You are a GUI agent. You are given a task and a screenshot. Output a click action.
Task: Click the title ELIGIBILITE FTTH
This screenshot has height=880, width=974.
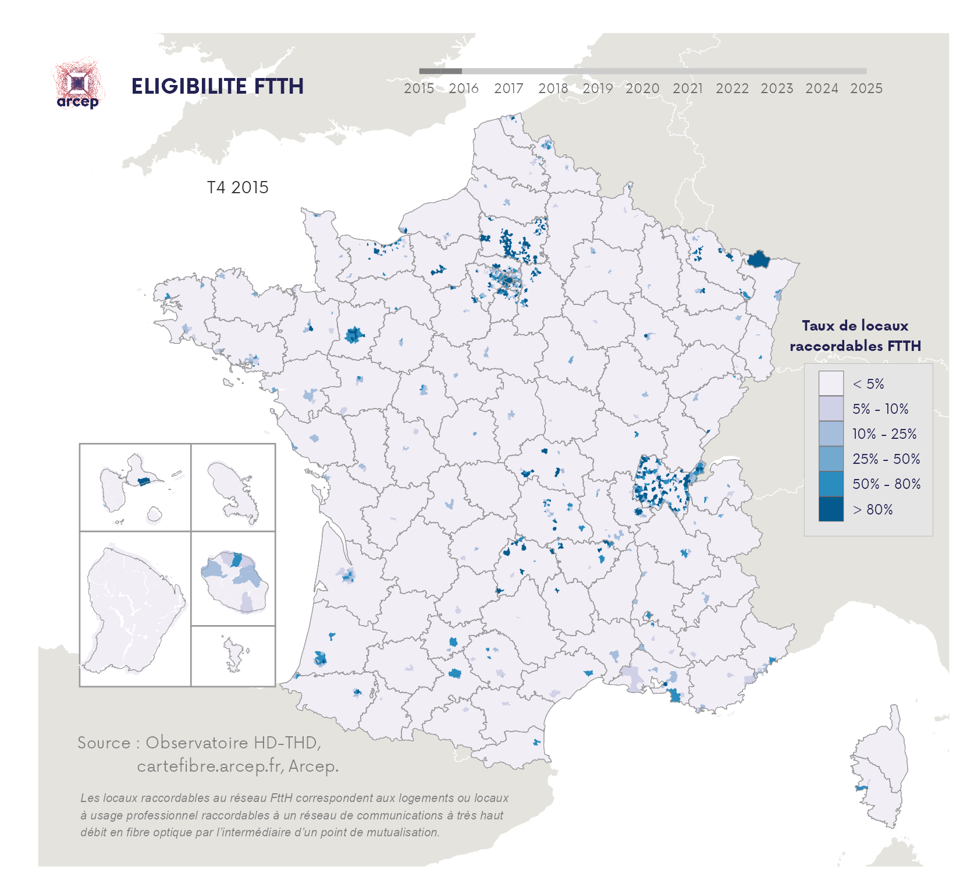click(x=217, y=86)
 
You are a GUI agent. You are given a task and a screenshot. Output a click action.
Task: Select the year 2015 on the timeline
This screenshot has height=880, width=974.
click(x=419, y=88)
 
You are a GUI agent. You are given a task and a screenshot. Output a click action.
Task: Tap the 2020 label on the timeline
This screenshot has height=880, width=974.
click(x=642, y=88)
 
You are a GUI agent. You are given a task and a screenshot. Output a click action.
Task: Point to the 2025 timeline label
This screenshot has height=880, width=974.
click(x=866, y=88)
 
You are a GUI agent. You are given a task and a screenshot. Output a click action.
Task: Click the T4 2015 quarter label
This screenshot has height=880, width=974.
click(x=237, y=187)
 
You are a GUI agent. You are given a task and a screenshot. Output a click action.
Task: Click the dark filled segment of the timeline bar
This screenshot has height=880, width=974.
click(x=440, y=71)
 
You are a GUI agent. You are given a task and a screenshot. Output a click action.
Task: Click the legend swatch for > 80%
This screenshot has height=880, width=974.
click(x=830, y=509)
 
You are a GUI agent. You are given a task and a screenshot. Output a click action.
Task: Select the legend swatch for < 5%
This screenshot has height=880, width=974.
click(x=830, y=384)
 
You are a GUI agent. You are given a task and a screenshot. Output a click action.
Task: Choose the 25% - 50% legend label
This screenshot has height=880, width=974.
click(x=886, y=459)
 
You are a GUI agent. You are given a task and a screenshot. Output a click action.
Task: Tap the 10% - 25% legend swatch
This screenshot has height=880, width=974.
click(x=830, y=434)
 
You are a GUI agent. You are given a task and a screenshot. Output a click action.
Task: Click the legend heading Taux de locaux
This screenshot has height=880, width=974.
click(x=855, y=326)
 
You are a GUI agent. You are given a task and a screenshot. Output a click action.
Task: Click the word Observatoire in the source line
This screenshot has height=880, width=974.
click(x=197, y=743)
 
